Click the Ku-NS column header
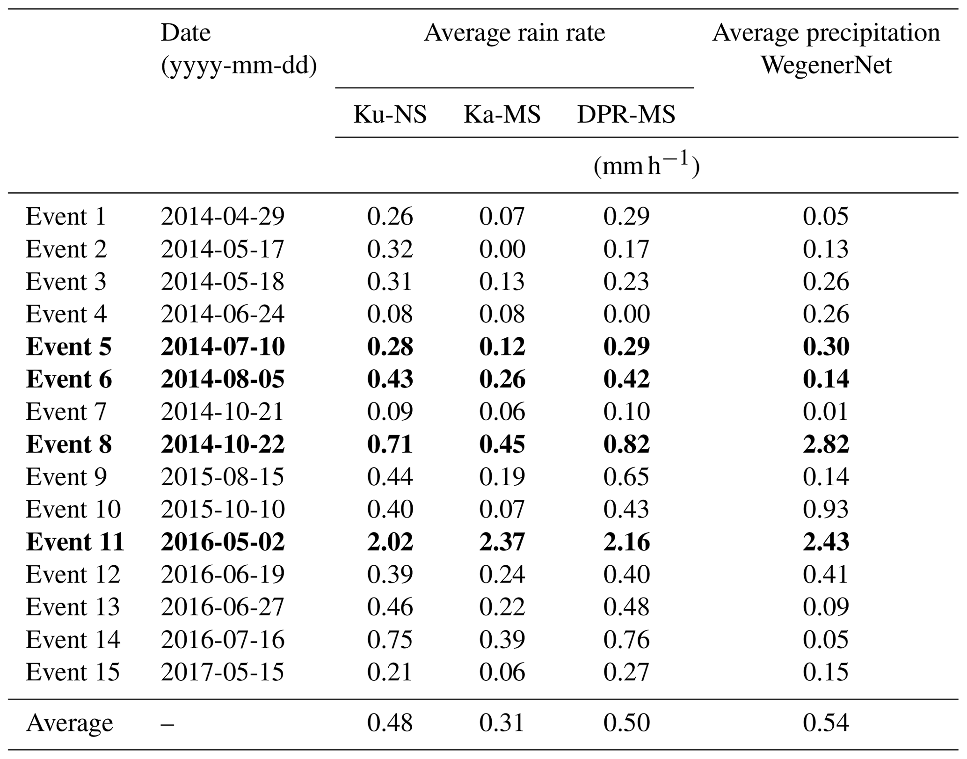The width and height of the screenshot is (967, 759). (x=390, y=114)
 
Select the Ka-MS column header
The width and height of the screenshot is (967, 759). (x=502, y=114)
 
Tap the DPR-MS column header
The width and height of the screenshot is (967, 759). (x=626, y=114)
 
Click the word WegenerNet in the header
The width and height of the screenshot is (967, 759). (x=826, y=65)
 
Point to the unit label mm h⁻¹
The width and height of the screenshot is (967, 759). (x=646, y=166)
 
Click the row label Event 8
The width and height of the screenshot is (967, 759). (x=69, y=444)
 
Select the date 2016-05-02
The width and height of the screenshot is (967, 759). (x=223, y=542)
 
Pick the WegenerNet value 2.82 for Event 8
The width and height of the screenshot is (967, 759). (x=826, y=444)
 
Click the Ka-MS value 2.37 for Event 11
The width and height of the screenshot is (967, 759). (x=502, y=542)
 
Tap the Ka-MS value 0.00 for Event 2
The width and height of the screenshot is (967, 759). (x=502, y=249)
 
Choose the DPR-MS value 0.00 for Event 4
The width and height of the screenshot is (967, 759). (x=626, y=314)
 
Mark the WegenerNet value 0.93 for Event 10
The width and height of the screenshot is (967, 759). (x=826, y=509)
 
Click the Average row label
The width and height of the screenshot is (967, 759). (x=69, y=723)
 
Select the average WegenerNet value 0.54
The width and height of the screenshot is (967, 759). (x=826, y=723)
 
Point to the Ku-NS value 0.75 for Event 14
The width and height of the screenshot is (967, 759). (x=390, y=640)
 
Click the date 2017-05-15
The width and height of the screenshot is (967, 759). (x=223, y=672)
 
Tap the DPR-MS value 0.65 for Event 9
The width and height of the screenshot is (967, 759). (x=626, y=477)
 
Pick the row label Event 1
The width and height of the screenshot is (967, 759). (x=66, y=216)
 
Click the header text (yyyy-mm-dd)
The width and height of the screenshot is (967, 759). (x=239, y=66)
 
